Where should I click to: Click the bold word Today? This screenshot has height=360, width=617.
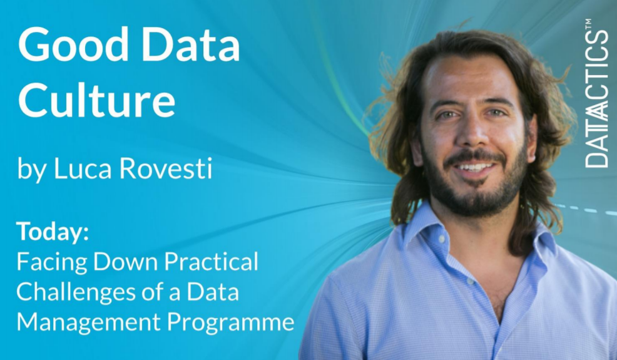click(53, 232)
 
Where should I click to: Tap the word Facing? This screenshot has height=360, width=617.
click(49, 262)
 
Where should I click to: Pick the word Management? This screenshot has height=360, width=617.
click(88, 322)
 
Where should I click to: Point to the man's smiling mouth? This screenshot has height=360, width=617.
click(474, 168)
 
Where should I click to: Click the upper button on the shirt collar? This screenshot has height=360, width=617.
click(442, 240)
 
